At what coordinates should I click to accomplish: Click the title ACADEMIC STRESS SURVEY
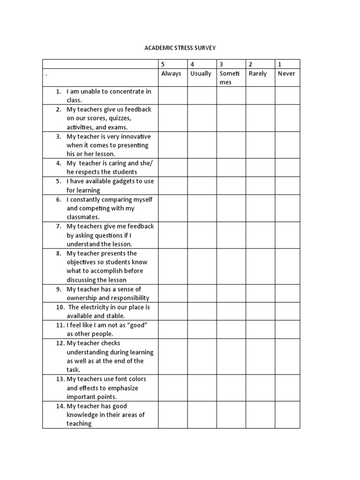180,48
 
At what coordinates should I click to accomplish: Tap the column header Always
171,74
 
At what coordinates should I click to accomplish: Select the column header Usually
201,74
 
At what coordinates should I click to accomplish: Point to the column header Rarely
257,74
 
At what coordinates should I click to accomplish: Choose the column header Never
286,74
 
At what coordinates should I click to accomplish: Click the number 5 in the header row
163,64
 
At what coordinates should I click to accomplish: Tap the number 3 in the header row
221,64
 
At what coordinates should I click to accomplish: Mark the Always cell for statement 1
173,96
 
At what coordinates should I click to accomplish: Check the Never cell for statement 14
287,415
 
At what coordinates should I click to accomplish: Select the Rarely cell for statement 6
260,208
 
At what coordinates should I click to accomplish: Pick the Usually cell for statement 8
202,266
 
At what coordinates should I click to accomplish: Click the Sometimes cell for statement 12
231,356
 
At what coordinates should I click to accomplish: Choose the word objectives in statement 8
82,262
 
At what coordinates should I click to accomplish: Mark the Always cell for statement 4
173,168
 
